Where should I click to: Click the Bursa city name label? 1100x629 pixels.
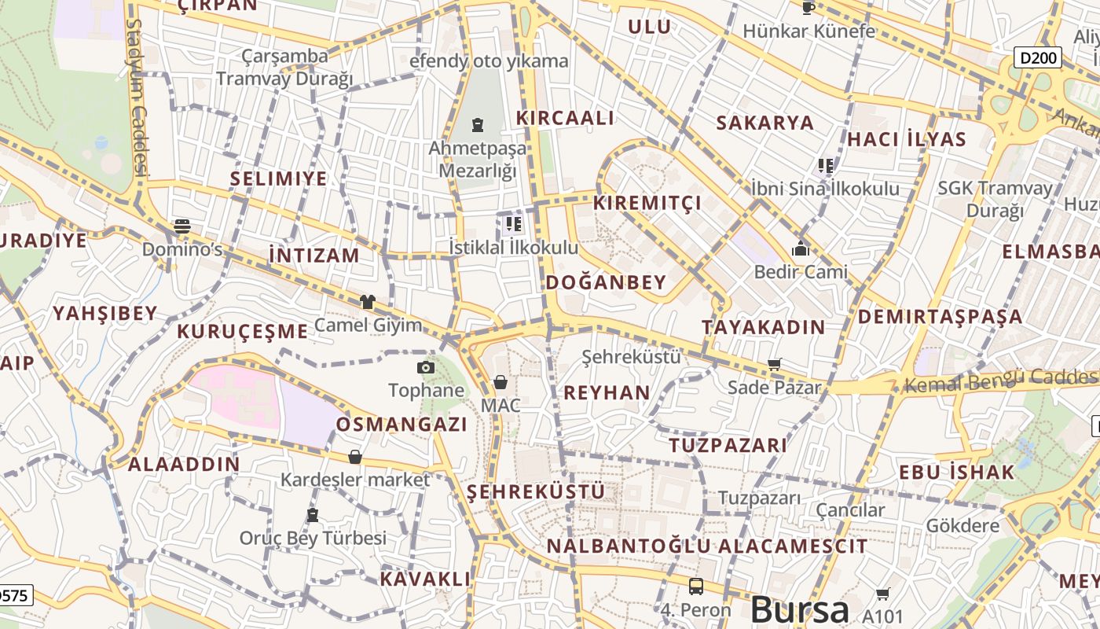point(799,610)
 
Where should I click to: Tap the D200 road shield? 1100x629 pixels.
point(1037,57)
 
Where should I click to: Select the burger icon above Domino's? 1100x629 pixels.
point(182,226)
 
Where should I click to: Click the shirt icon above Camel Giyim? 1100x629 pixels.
point(367,301)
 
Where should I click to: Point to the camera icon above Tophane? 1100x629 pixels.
point(425,367)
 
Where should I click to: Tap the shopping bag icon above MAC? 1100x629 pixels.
point(500,383)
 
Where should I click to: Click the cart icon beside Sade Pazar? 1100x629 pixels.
point(775,364)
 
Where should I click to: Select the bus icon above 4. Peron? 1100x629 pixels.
point(695,586)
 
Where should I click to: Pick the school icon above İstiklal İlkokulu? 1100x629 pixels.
point(514,224)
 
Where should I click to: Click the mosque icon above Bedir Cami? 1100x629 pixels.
point(801,249)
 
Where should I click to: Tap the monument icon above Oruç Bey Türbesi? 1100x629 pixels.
point(313,515)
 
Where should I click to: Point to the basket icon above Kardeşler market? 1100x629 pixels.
point(355,457)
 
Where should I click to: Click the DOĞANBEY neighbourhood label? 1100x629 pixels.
point(605,282)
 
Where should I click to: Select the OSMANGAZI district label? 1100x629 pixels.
point(401,425)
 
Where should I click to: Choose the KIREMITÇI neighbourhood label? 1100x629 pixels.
point(647,203)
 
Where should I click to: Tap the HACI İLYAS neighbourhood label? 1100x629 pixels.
point(906,139)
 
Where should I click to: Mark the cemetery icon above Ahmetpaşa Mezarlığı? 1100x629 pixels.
point(477,124)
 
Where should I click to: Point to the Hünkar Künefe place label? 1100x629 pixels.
point(808,31)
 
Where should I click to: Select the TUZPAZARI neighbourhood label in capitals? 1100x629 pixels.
point(728,445)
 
